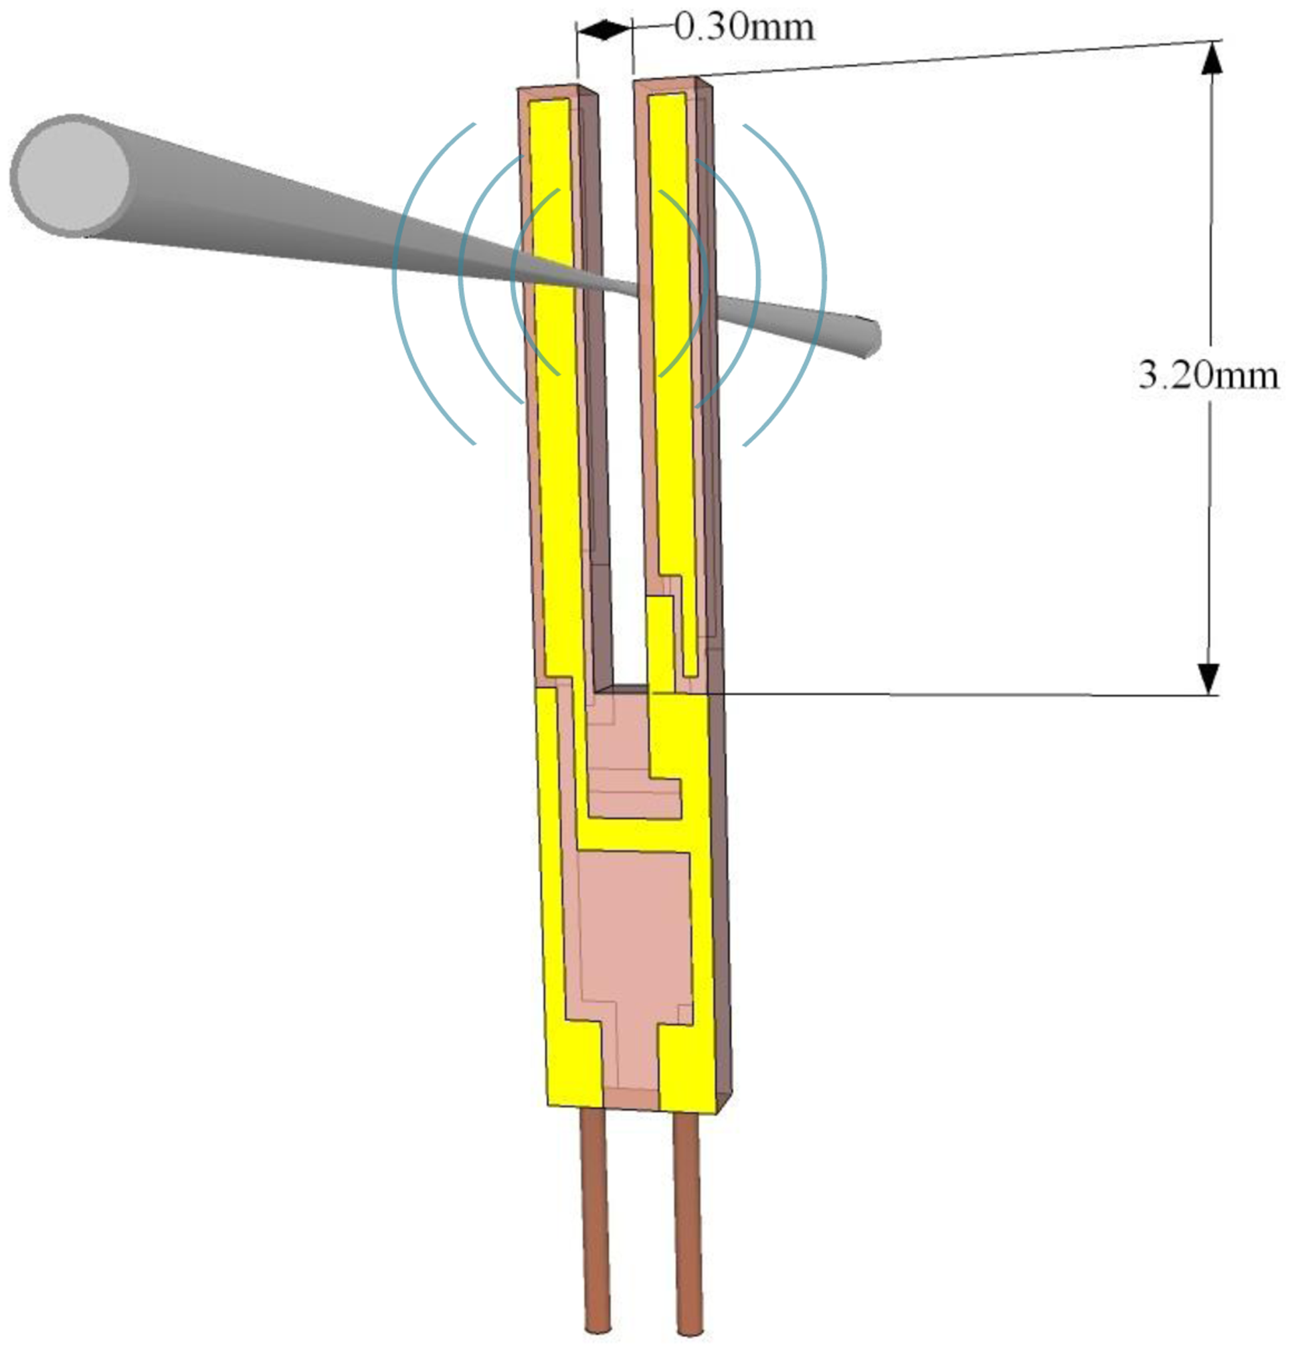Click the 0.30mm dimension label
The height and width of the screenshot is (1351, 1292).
pyautogui.click(x=744, y=27)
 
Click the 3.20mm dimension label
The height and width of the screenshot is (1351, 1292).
pyautogui.click(x=1208, y=376)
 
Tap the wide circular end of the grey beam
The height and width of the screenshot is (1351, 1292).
pyautogui.click(x=72, y=175)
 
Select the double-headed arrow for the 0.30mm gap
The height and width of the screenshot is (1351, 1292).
pyautogui.click(x=604, y=29)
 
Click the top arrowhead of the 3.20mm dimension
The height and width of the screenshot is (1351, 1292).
pyautogui.click(x=1212, y=58)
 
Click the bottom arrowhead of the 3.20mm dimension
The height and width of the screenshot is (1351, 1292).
pyautogui.click(x=1208, y=678)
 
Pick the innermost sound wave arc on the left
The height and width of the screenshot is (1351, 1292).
pyautogui.click(x=515, y=283)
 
